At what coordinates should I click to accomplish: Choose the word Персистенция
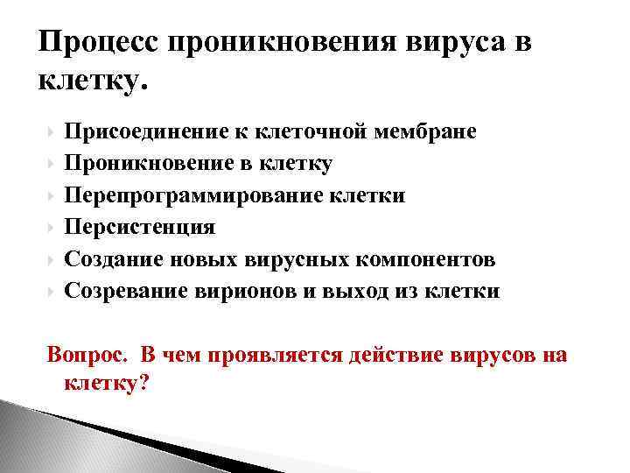click(x=140, y=228)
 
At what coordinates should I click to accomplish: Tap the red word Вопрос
click(x=87, y=355)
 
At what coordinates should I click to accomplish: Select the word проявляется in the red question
click(x=281, y=355)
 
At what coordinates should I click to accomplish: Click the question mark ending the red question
click(x=144, y=382)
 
